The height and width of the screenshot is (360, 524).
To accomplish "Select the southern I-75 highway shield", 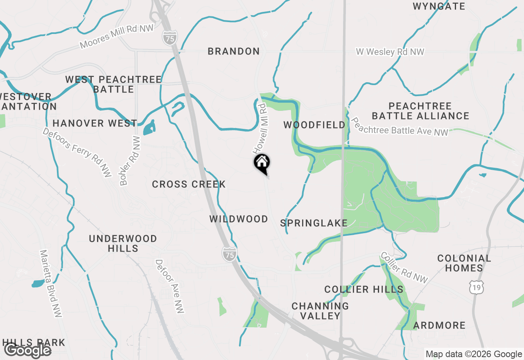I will (230, 254).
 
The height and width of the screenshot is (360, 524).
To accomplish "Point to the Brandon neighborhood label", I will (233, 51).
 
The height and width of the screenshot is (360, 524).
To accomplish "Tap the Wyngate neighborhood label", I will (439, 6).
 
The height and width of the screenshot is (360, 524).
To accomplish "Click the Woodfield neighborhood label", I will (314, 125).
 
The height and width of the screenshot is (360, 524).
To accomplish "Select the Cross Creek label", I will (189, 184).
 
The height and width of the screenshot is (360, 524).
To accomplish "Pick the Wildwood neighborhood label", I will (239, 219).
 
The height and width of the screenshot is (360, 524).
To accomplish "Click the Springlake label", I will (314, 223).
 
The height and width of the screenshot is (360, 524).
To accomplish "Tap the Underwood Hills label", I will (123, 243).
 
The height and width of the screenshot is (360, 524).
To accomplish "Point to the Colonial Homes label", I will (464, 263).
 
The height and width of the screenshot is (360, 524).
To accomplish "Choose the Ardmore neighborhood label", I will (439, 325).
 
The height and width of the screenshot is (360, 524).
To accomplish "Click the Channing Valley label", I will (320, 310).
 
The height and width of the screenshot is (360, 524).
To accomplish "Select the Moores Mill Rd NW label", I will (117, 37).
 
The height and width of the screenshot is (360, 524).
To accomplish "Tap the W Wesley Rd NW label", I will (390, 52).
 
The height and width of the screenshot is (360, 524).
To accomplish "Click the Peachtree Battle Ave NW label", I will (400, 127).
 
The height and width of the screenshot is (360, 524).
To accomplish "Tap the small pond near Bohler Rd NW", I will (149, 128).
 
